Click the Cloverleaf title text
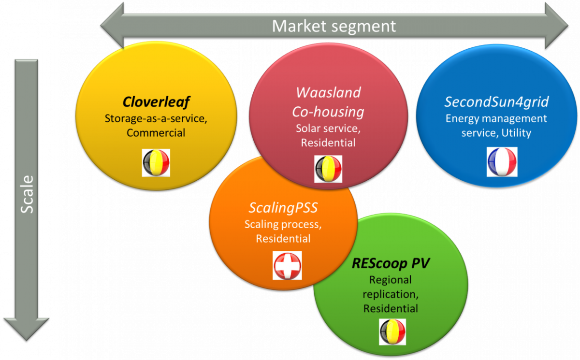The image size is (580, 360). [x=156, y=101]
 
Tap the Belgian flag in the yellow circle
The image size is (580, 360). [x=156, y=163]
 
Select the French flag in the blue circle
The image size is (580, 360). [x=502, y=162]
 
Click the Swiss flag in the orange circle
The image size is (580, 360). [x=287, y=266]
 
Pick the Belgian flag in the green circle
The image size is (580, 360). [x=392, y=332]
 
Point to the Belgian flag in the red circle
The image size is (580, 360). [x=328, y=169]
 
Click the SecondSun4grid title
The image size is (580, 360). [x=496, y=101]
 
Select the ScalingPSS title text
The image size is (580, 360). [x=283, y=208]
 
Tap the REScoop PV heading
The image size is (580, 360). [x=391, y=263]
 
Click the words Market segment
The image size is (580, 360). [x=334, y=26]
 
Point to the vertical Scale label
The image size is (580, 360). [x=27, y=194]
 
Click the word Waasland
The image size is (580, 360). [x=328, y=92]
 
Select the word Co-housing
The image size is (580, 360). [x=328, y=112]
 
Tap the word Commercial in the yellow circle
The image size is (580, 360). [x=156, y=133]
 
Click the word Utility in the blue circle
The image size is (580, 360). [x=516, y=133]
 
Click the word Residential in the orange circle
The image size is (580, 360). [x=283, y=238]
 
